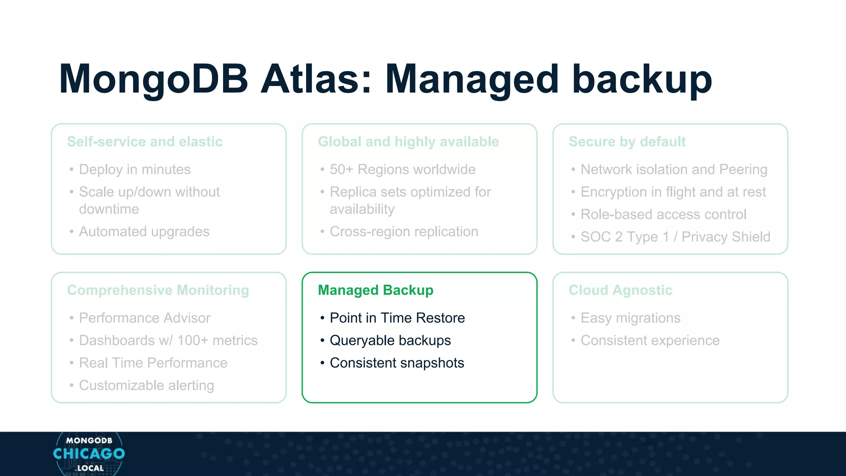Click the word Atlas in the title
coord(316,79)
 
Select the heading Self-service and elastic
coord(145,142)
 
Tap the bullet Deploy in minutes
coord(135,169)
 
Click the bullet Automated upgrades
coord(144,232)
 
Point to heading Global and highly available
coord(408,142)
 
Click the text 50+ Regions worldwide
coord(402,169)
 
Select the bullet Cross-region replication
coord(404,232)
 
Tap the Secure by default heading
coord(627,142)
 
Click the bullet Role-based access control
coord(663,214)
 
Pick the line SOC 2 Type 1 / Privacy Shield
coord(675,237)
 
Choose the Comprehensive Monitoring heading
coord(158,290)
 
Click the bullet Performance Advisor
coord(145,318)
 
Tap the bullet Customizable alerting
coord(146,385)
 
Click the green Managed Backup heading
coord(375,290)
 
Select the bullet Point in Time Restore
coord(397,318)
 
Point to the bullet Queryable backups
coord(390,340)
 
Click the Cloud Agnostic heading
coord(620,290)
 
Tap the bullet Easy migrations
coord(630,318)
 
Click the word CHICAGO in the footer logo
coord(89,454)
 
